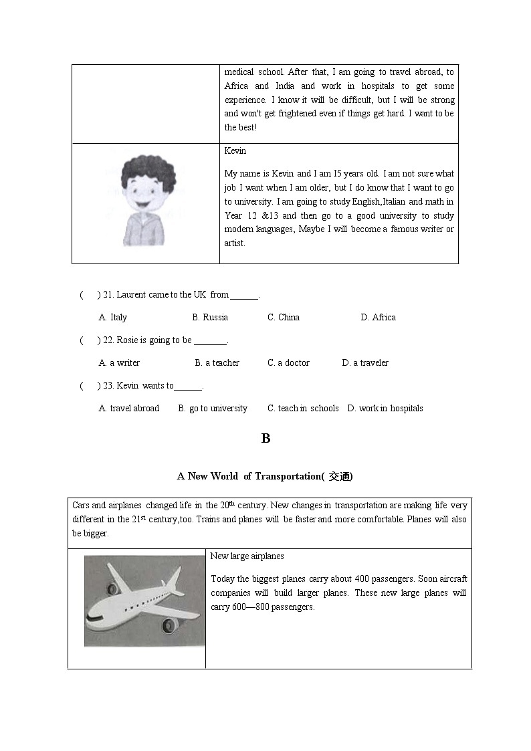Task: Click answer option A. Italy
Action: (113, 318)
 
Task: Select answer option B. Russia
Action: (210, 318)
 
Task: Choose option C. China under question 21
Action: (284, 318)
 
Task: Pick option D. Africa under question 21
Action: (378, 318)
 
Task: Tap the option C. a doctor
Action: (288, 363)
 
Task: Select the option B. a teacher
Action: (217, 363)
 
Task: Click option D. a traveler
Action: (364, 363)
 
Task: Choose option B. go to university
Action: (213, 409)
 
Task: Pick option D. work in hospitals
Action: (385, 409)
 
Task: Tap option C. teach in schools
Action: (303, 409)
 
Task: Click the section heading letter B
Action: (265, 439)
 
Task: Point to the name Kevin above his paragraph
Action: (235, 151)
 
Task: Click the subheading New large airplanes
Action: (247, 556)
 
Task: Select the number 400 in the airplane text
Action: (362, 579)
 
